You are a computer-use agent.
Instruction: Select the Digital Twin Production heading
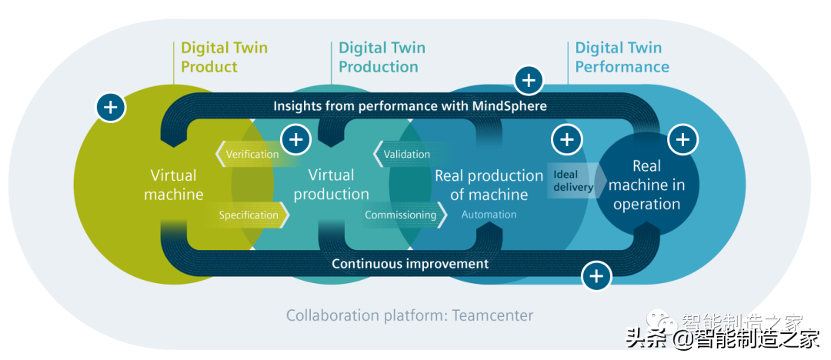click(382, 58)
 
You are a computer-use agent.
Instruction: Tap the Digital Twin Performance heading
click(622, 58)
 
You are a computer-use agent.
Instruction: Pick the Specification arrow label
click(249, 215)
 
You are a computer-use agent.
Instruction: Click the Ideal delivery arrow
click(572, 181)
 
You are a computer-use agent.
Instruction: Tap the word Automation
click(489, 215)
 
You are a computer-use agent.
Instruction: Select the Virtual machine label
click(174, 185)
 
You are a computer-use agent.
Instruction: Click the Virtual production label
click(332, 185)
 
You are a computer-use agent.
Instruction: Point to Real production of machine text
click(489, 185)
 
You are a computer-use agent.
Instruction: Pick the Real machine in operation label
click(646, 185)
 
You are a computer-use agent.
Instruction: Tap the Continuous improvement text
click(409, 264)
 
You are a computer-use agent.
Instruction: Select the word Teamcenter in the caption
click(492, 315)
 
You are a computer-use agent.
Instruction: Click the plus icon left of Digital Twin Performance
click(528, 80)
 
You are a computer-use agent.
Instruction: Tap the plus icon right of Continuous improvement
click(596, 275)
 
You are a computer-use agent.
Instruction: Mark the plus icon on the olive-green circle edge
click(111, 107)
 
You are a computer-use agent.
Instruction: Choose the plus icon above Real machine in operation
click(682, 139)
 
